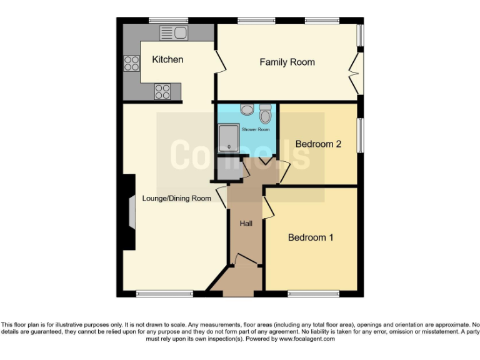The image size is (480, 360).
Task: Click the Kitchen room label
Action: tap(167, 60)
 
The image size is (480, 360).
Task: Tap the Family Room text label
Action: tap(287, 62)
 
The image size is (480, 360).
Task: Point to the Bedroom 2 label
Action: tap(318, 144)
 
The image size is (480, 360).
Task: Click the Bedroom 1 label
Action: tap(311, 237)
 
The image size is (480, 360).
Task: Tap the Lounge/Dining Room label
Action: tap(176, 199)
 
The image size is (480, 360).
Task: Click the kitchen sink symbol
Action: tap(174, 32)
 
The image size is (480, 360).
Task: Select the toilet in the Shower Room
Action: tap(265, 114)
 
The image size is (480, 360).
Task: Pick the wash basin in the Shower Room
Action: tap(247, 109)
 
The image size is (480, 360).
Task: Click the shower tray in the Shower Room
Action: tap(229, 137)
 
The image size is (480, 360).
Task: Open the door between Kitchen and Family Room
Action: tap(220, 61)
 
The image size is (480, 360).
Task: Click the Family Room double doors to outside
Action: tap(354, 73)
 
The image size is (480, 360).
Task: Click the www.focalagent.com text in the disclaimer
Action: tap(307, 339)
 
